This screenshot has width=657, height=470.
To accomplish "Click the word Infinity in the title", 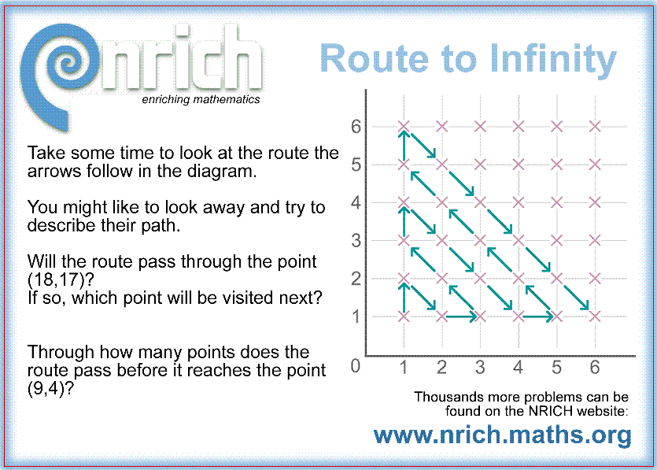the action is coord(553,60).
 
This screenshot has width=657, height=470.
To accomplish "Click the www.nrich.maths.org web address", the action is coord(502,435).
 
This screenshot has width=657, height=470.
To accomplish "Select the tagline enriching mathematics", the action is coord(201,99).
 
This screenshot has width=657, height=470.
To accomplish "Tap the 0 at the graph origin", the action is coord(356,366).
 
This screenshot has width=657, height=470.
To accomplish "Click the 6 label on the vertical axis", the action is coord(356,126).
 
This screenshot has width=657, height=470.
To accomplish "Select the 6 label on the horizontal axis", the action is coord(595,368).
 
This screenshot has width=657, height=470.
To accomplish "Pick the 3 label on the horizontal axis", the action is coord(480,368).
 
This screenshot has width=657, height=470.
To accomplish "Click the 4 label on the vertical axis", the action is coord(356,202).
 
